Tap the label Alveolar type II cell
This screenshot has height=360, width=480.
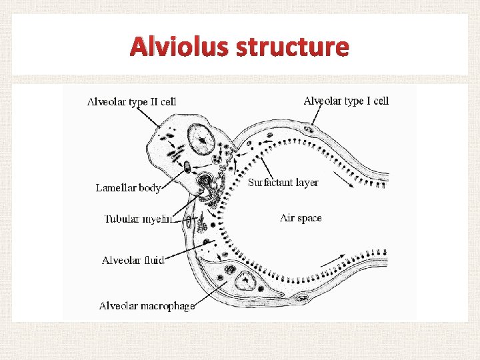coord(131,102)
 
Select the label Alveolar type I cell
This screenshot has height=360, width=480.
coord(346,101)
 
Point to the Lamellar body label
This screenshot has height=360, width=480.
coord(128,188)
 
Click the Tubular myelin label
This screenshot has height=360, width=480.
coord(139,218)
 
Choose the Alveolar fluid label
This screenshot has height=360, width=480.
coord(133,260)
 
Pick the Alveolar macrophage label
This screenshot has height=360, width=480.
coord(147,306)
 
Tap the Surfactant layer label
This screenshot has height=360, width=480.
coord(283,182)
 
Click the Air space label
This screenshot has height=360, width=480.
coord(301,217)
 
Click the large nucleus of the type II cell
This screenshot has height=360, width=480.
coord(201,139)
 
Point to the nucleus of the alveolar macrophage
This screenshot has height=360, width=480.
coord(249,283)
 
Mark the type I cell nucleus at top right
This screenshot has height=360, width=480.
coord(309,129)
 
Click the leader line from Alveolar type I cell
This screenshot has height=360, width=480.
coord(319,117)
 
